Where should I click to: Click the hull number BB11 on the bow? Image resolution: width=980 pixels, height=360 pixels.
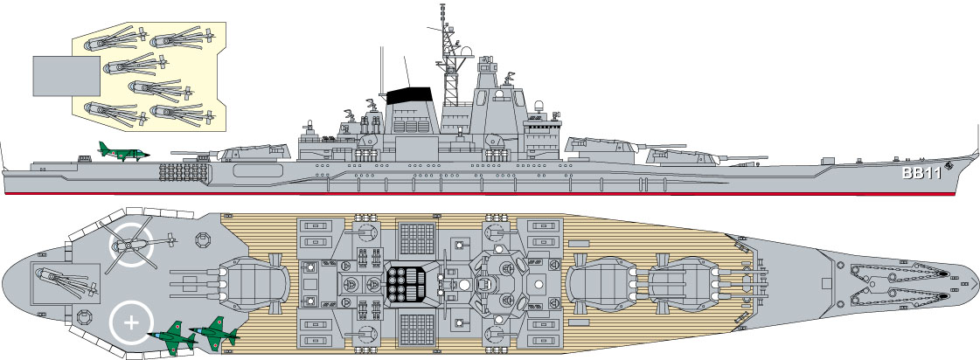click(x=921, y=174)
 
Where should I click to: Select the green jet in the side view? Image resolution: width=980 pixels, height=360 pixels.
click(x=121, y=151)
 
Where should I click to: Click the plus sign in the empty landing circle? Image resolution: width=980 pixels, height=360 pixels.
click(x=132, y=322)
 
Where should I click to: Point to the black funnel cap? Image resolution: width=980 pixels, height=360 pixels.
click(x=410, y=93)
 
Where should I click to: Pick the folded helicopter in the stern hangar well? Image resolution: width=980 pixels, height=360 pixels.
click(x=63, y=281)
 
